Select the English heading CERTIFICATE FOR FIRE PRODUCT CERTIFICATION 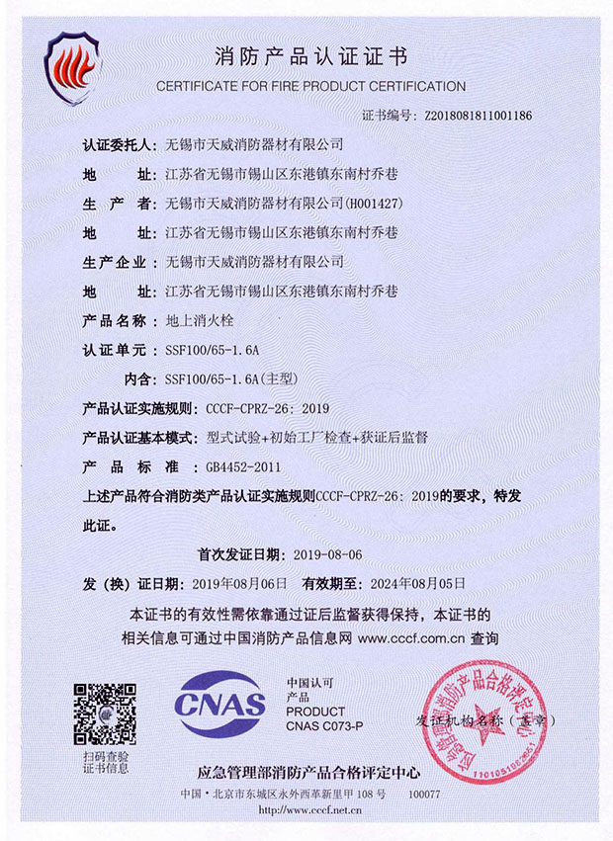pos(310,86)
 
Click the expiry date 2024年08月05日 pos(417,582)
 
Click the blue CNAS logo pos(219,705)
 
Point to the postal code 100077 pos(424,794)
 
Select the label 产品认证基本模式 pos(137,436)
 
